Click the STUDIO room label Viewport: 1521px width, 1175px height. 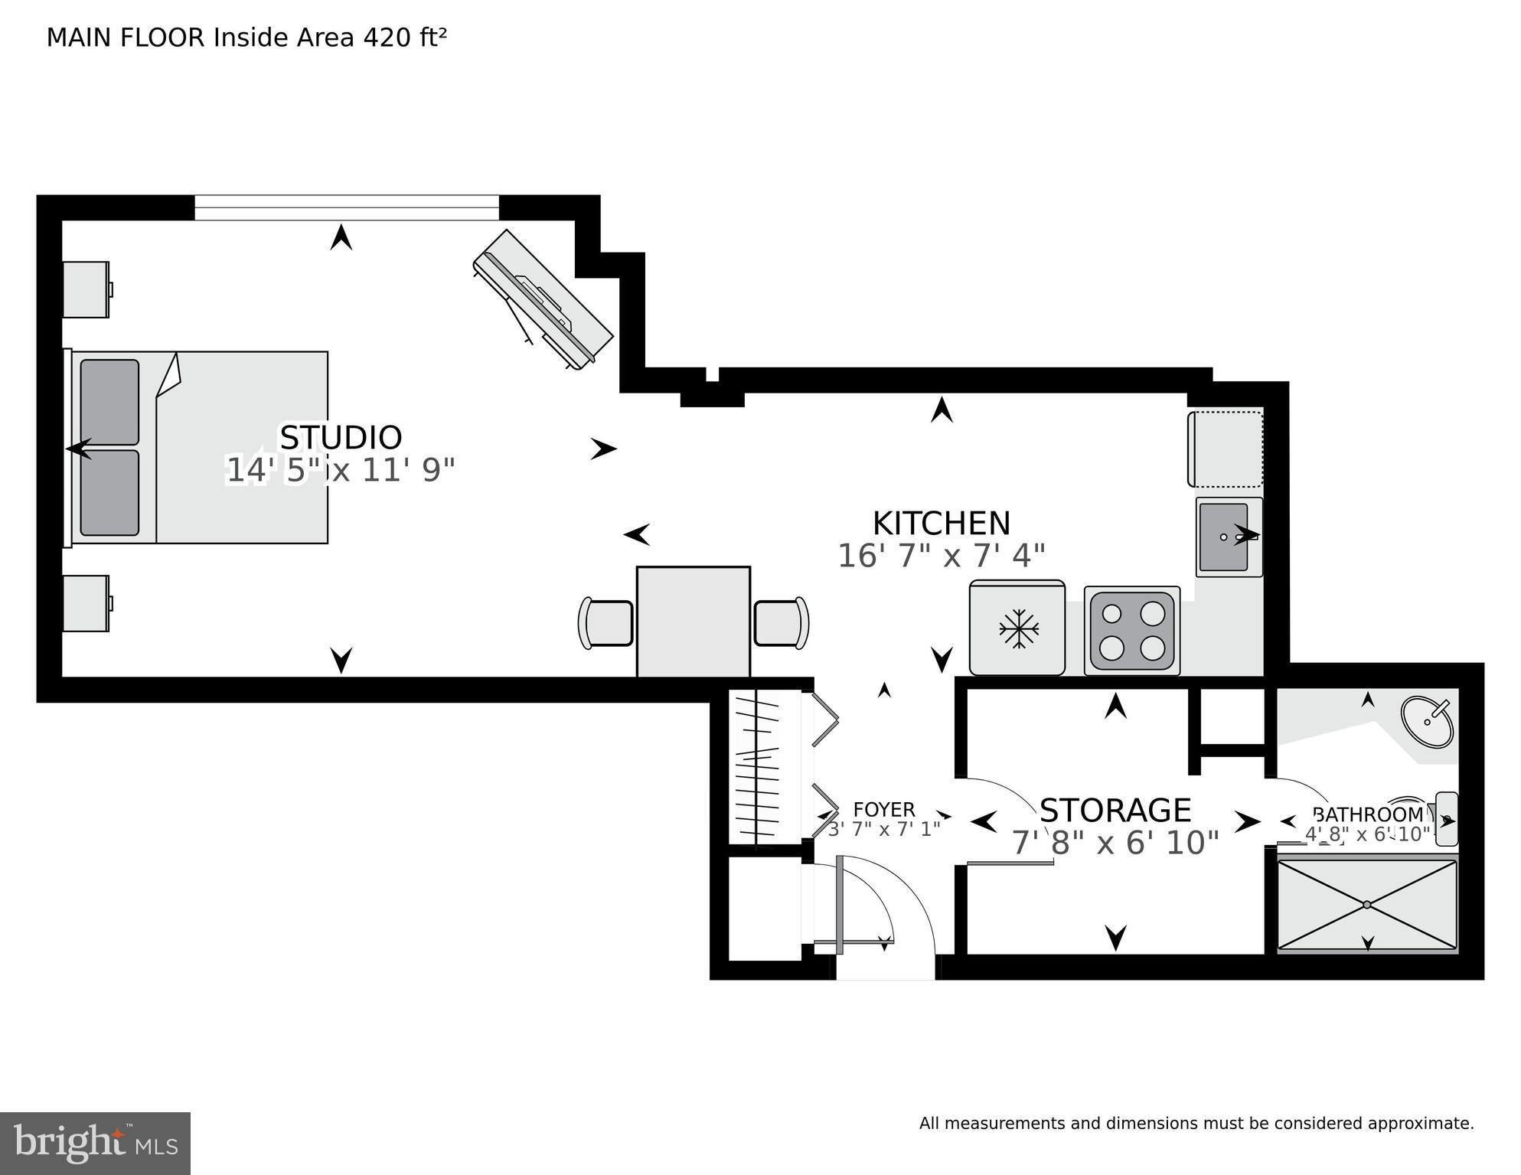pyautogui.click(x=341, y=438)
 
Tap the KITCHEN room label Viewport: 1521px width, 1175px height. pyautogui.click(x=941, y=524)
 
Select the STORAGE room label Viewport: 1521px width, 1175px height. pyautogui.click(x=1115, y=810)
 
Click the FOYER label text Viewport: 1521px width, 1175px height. pyautogui.click(x=883, y=810)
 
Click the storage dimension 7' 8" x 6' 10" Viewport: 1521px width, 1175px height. pyautogui.click(x=1115, y=844)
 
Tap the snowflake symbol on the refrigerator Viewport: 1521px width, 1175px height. pyautogui.click(x=1018, y=629)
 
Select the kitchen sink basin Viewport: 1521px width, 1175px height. pyautogui.click(x=1223, y=537)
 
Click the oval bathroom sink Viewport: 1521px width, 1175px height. pyautogui.click(x=1427, y=721)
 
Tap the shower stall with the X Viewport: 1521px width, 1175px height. pyautogui.click(x=1367, y=905)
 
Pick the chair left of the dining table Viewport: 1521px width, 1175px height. pyautogui.click(x=606, y=623)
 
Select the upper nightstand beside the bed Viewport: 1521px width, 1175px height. pyautogui.click(x=86, y=289)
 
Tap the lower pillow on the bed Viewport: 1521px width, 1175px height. pyautogui.click(x=109, y=492)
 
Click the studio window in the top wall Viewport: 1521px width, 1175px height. pyautogui.click(x=346, y=207)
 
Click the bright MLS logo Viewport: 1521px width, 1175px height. pyautogui.click(x=95, y=1144)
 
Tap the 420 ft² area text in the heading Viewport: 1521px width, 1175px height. pyautogui.click(x=404, y=38)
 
